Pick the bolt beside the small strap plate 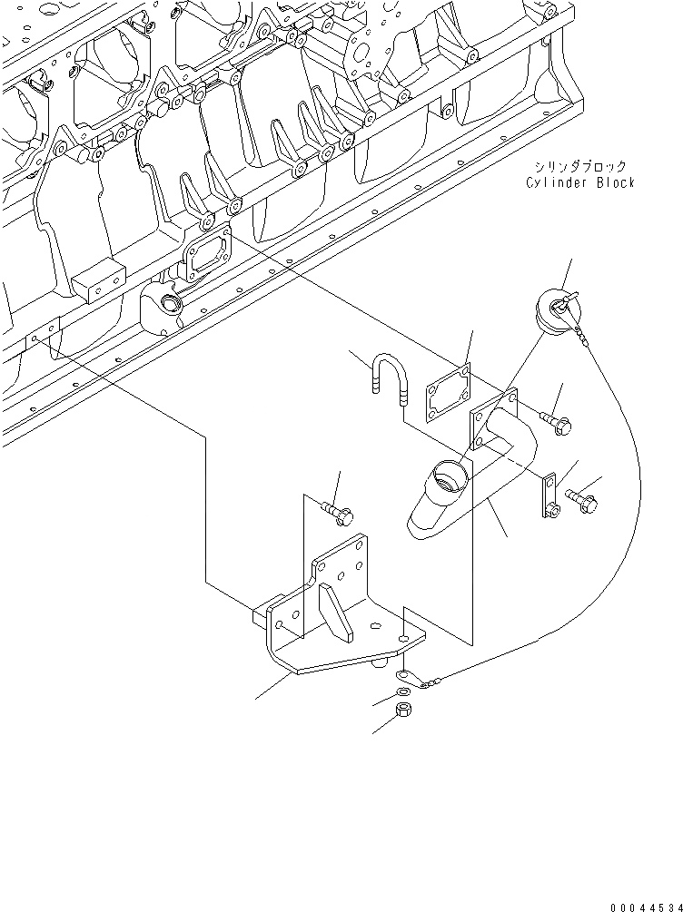(580, 495)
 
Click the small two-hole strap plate (551, 496)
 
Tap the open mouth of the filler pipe (449, 474)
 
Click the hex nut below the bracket (403, 710)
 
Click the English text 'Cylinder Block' (580, 182)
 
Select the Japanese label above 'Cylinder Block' (580, 166)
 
